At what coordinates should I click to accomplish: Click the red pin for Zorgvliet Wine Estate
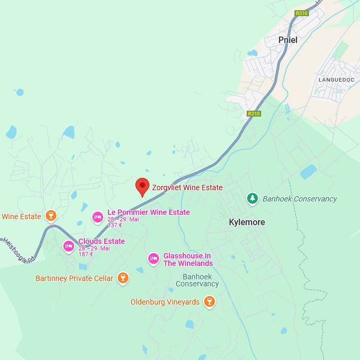142,186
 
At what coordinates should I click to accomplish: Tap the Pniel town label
287,40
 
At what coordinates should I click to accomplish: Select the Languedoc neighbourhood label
336,80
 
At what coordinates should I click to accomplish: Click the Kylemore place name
247,222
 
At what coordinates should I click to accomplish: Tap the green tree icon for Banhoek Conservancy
252,199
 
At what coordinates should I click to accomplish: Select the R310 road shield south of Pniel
254,113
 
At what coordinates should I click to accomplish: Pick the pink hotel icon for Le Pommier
97,217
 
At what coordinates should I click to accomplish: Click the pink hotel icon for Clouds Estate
68,246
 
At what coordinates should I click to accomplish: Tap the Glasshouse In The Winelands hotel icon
154,259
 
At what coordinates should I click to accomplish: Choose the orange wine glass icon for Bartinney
123,278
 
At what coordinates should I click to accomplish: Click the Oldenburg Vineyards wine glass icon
210,302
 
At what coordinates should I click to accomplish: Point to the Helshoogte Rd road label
18,250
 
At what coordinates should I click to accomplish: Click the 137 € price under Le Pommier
115,226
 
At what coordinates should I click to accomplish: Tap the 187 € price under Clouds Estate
86,254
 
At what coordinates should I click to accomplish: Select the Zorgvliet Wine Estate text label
187,188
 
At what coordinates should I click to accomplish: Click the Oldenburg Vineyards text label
165,302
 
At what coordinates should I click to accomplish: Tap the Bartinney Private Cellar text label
74,278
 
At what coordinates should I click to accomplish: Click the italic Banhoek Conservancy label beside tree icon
299,199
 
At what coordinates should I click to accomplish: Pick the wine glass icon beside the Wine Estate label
51,216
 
